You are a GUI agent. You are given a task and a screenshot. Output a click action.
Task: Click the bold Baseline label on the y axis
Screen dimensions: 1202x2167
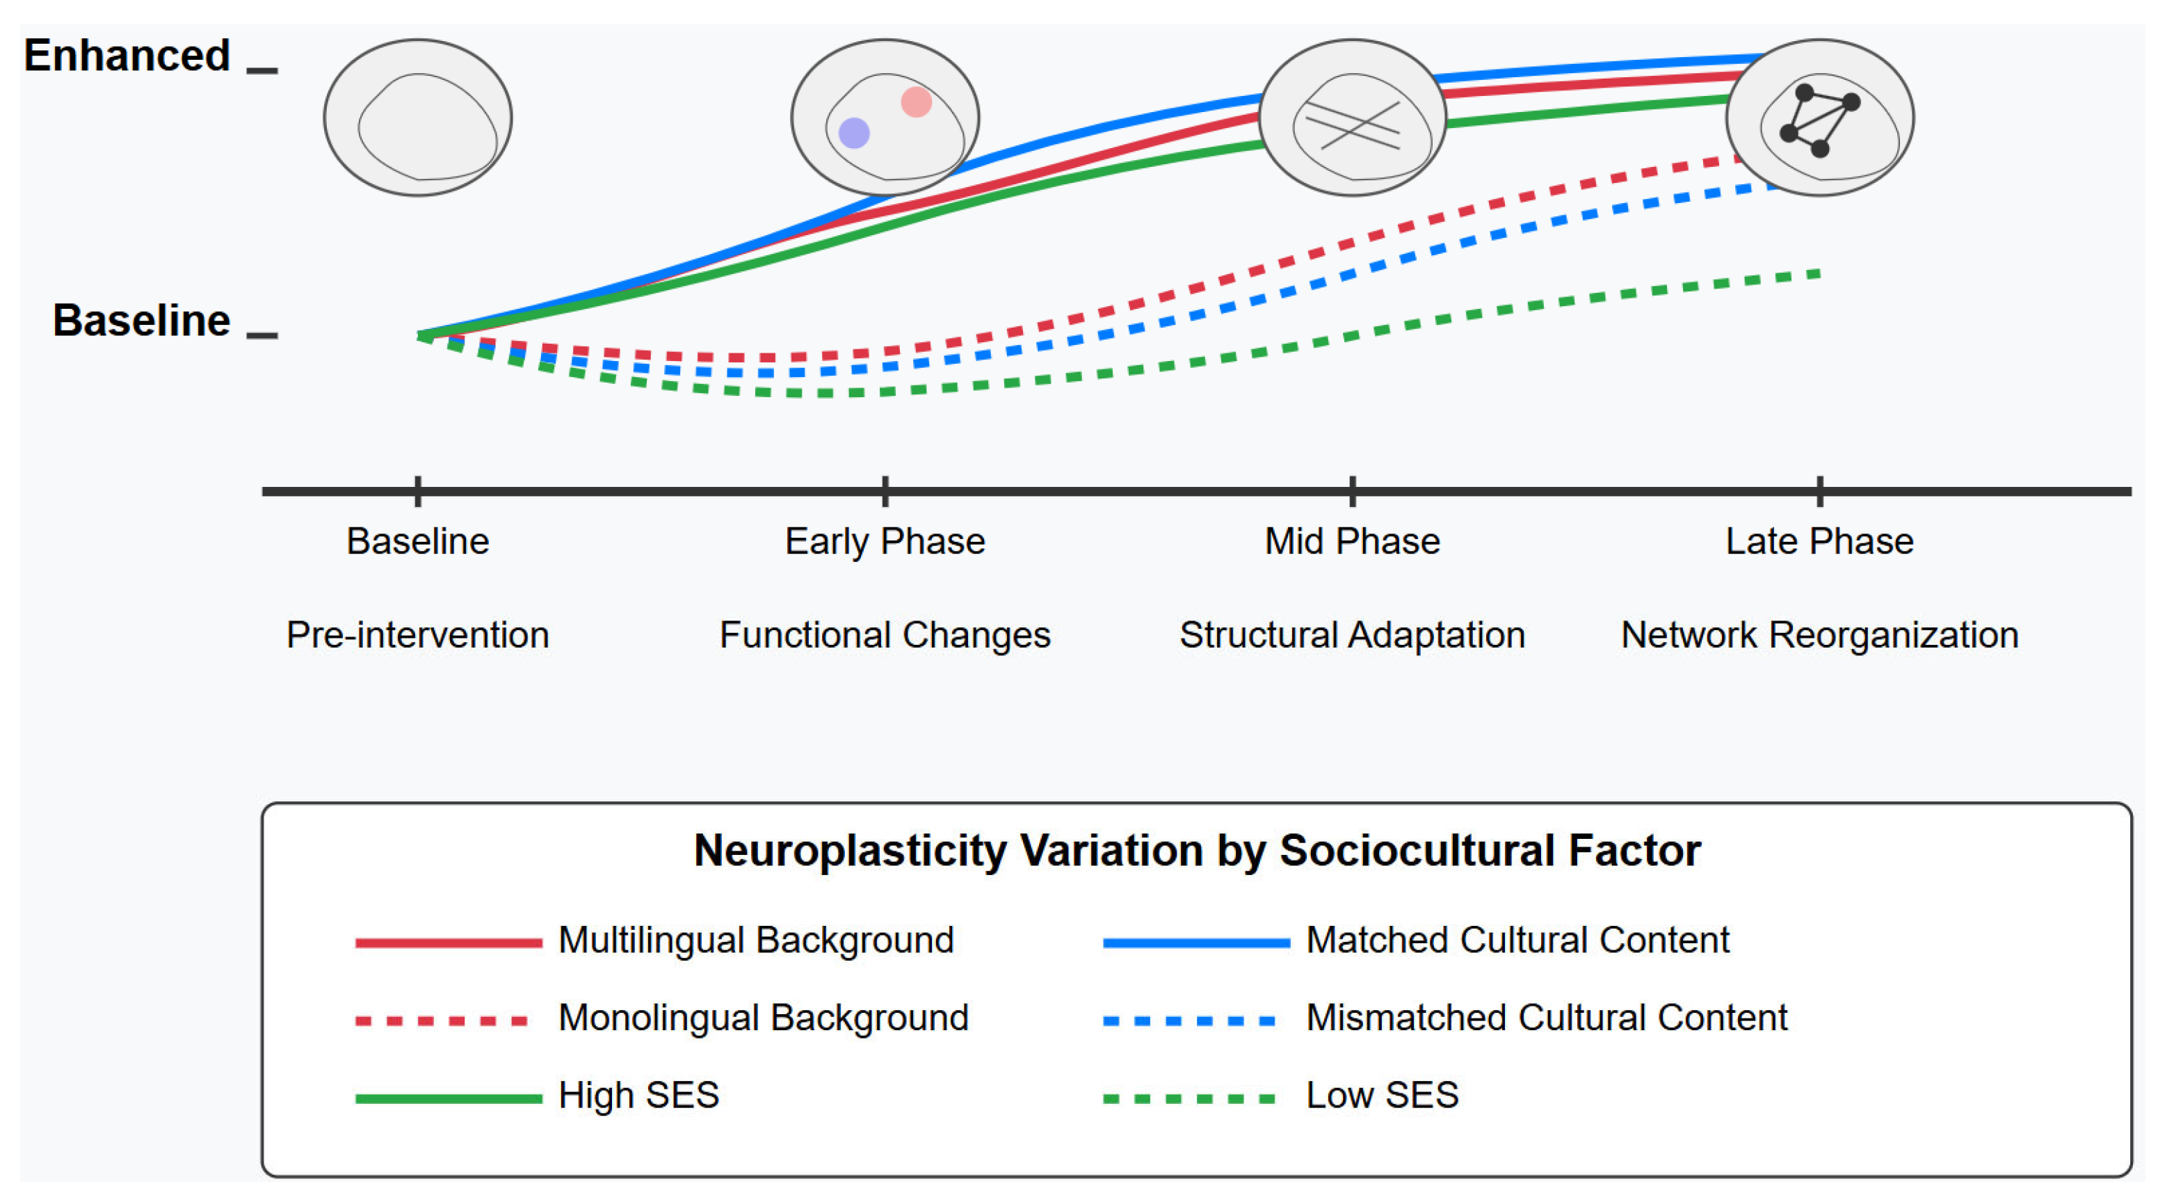click(x=141, y=321)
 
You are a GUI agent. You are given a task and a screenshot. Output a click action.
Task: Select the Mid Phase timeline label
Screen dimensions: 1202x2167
click(x=1352, y=541)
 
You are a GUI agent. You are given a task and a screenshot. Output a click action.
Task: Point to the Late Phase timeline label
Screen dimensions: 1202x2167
click(x=1819, y=541)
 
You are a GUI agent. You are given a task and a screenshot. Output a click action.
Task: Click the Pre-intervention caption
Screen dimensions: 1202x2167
click(x=417, y=634)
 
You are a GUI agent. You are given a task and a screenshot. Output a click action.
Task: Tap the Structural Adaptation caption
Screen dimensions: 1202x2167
click(x=1352, y=634)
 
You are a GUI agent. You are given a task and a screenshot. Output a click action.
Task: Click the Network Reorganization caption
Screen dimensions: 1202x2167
click(x=1819, y=634)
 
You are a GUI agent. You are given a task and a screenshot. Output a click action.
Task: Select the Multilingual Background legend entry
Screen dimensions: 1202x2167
click(x=755, y=940)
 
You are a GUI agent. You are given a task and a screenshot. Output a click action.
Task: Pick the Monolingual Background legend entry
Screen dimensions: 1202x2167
click(x=763, y=1017)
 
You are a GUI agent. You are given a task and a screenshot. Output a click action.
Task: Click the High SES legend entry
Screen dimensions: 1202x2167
click(x=638, y=1094)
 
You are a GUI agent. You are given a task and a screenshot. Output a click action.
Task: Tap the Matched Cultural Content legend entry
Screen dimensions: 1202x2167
click(x=1517, y=940)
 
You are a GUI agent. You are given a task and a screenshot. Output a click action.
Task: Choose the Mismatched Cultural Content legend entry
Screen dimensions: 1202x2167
click(x=1546, y=1017)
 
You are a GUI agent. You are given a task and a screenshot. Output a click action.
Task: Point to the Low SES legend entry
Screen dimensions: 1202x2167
click(x=1381, y=1094)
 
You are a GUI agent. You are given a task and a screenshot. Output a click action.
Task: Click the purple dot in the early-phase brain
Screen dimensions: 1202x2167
click(x=854, y=132)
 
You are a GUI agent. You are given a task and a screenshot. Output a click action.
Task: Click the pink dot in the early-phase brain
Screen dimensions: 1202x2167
click(x=916, y=102)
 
